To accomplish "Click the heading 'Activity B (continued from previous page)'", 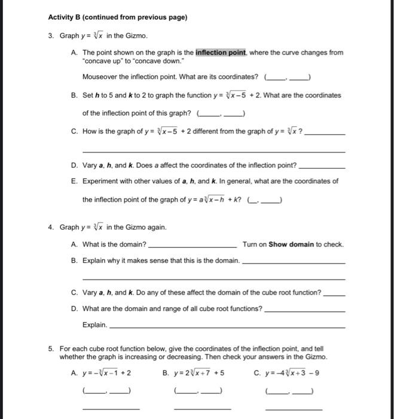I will (117, 17).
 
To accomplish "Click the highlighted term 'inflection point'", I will (221, 53).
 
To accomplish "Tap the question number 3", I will (52, 35).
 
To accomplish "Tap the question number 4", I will (52, 227).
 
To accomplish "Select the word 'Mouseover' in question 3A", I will (100, 77).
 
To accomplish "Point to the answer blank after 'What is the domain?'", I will (192, 244).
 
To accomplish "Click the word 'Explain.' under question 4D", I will (95, 325).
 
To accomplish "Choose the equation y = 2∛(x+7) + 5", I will (198, 372).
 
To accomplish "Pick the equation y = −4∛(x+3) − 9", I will (293, 372).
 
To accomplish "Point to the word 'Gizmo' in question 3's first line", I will (136, 35).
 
